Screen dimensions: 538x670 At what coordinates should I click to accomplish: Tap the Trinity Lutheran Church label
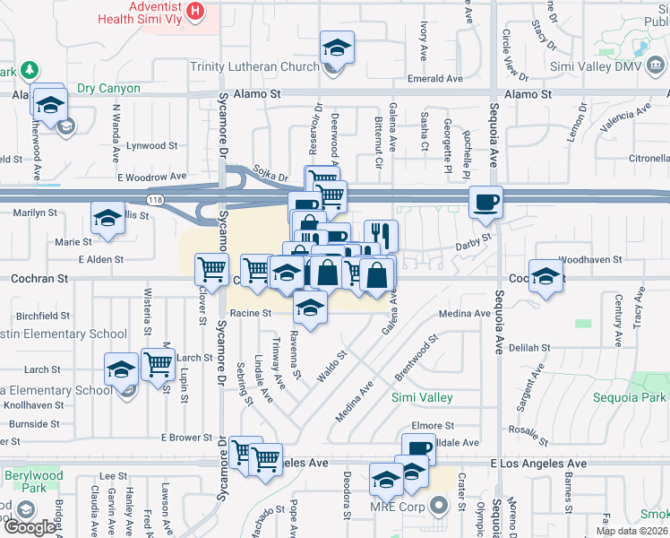pyautogui.click(x=254, y=66)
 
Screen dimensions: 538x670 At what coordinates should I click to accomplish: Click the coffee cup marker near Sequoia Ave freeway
pyautogui.click(x=485, y=202)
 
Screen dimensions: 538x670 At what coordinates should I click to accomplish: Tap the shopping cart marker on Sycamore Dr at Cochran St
pyautogui.click(x=211, y=267)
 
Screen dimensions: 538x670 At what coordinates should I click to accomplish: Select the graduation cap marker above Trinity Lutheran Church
pyautogui.click(x=338, y=47)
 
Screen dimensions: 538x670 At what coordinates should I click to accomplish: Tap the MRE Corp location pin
pyautogui.click(x=439, y=506)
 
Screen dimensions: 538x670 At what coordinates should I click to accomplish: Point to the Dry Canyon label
pyautogui.click(x=108, y=89)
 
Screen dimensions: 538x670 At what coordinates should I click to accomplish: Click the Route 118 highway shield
pyautogui.click(x=157, y=199)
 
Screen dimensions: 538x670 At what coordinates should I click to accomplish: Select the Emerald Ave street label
pyautogui.click(x=435, y=79)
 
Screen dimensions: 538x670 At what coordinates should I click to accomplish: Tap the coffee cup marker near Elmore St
pyautogui.click(x=417, y=449)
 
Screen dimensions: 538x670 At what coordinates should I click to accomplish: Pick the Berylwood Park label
pyautogui.click(x=24, y=482)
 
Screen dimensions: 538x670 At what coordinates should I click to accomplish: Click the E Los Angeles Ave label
pyautogui.click(x=538, y=464)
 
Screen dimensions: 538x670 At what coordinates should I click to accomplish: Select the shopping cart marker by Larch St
pyautogui.click(x=158, y=364)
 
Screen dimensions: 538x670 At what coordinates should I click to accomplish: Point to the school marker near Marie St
pyautogui.click(x=107, y=217)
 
